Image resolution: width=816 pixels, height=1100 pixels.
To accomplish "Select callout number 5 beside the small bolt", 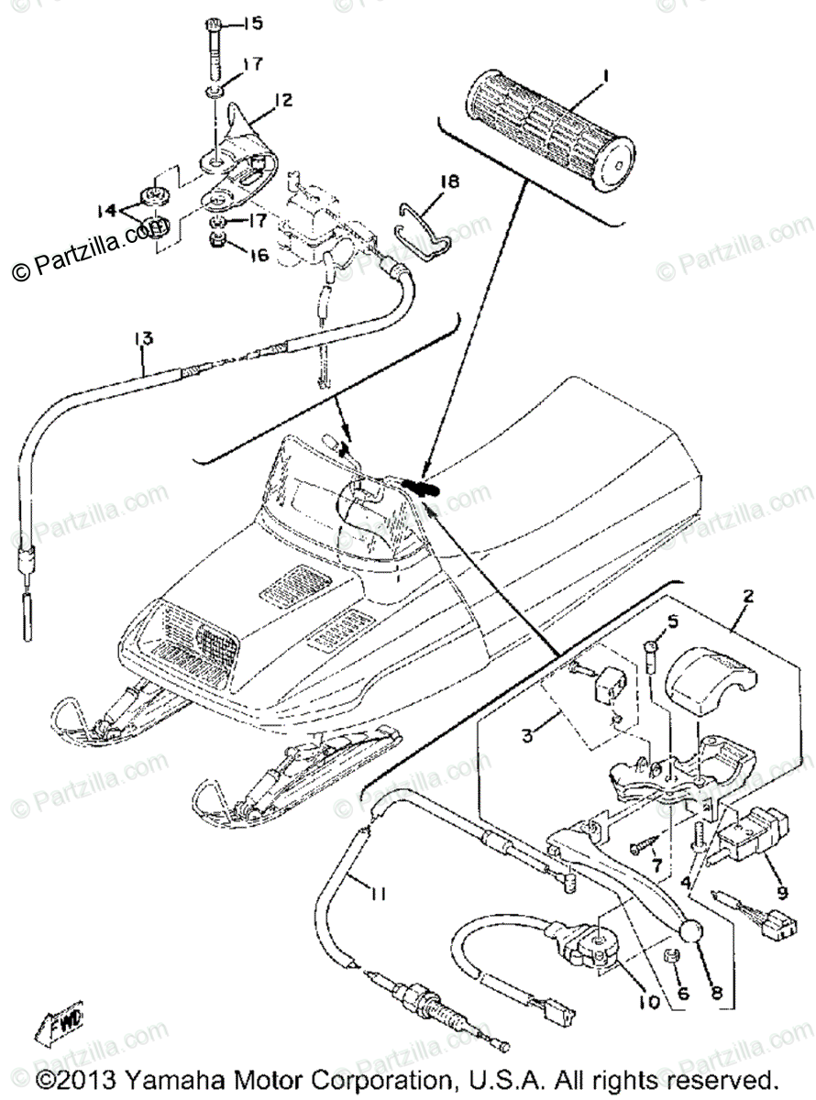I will [674, 622].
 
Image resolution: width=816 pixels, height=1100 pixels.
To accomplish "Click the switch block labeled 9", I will [749, 830].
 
